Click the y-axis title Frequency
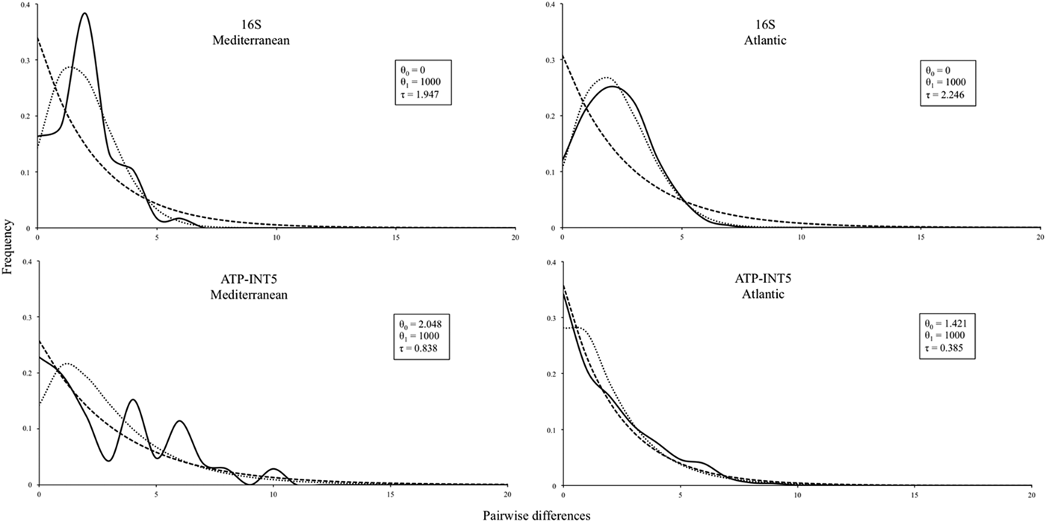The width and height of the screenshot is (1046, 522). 7,246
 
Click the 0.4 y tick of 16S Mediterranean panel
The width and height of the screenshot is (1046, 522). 26,4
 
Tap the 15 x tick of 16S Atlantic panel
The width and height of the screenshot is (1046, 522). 920,237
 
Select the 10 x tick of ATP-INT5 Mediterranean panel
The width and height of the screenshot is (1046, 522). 273,494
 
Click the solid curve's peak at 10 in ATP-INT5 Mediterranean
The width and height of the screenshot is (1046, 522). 273,469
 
